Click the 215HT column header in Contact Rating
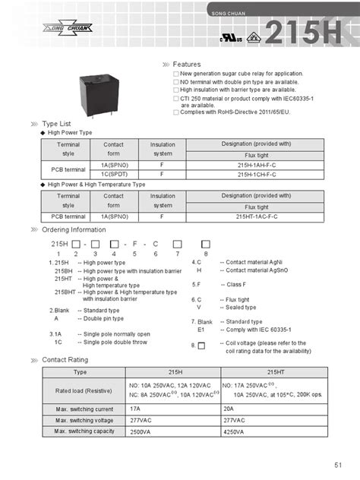[x=275, y=372]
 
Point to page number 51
[x=337, y=465]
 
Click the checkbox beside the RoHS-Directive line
[x=175, y=112]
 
